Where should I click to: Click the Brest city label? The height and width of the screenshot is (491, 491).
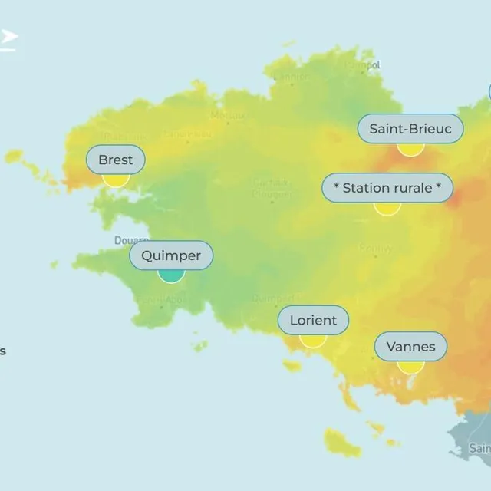point(116,160)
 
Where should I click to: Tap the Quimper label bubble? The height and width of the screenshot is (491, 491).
point(171,255)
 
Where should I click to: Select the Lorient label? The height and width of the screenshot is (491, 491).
point(313,321)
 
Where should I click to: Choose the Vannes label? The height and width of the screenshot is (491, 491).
point(410,347)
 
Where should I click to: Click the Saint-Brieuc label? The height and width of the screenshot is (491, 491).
point(410,128)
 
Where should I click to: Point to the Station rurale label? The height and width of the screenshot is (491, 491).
point(387,188)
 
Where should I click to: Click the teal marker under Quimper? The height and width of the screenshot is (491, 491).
point(171,274)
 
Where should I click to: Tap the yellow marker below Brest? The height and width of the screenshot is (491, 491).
point(116,180)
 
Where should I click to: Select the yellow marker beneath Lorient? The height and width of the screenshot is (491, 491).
point(313,340)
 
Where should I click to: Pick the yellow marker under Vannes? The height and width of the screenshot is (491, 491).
point(410,366)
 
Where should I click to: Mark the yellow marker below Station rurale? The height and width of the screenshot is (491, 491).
point(387,207)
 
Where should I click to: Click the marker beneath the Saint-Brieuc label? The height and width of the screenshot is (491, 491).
point(410,147)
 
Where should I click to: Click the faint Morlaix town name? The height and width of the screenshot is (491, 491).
point(229,116)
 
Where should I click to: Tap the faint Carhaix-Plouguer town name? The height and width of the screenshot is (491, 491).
point(272,189)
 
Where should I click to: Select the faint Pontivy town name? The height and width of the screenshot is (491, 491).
point(375,249)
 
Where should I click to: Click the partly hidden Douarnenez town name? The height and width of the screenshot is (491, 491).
point(131,240)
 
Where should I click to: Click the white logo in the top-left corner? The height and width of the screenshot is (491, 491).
point(8,38)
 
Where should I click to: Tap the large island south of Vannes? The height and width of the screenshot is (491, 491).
point(341,443)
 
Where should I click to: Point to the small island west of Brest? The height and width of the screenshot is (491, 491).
point(13,157)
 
